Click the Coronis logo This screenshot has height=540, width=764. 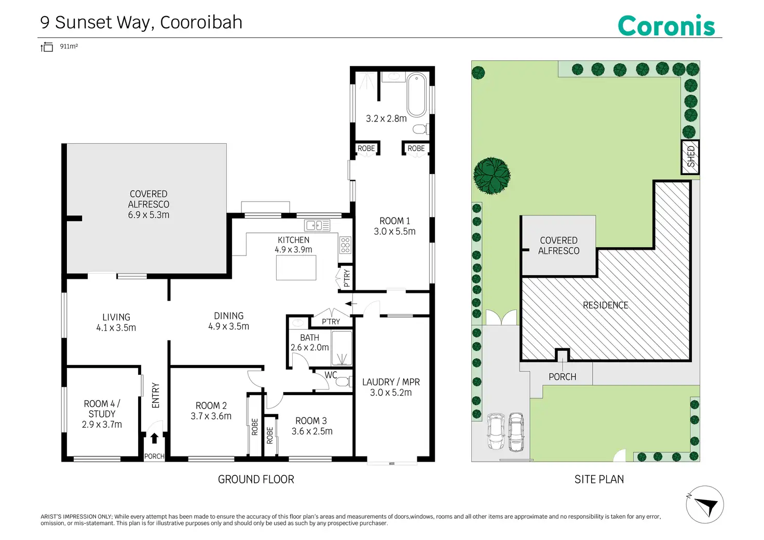pos(666,25)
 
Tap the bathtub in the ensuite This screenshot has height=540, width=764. pos(416,95)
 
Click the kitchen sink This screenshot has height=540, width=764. pos(317,225)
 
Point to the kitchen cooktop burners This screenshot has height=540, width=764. pos(345,245)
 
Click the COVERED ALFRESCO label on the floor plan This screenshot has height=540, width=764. pos(148,204)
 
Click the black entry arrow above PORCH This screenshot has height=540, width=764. pos(154,438)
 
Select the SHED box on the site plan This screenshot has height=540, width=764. pos(690,157)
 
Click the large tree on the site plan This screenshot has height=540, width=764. pos(492,175)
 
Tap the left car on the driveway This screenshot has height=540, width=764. pos(496,431)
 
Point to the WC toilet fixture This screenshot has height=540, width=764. pos(342,382)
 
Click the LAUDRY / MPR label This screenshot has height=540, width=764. pos(391,382)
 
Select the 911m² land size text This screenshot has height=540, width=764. pos(69,46)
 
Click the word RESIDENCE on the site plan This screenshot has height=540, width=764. pos(605,305)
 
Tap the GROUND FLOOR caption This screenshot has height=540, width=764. pos(256,479)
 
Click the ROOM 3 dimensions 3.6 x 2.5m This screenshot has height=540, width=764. pos(312,431)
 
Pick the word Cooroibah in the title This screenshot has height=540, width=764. pos(201,22)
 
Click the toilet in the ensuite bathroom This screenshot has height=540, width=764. pos(420,129)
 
